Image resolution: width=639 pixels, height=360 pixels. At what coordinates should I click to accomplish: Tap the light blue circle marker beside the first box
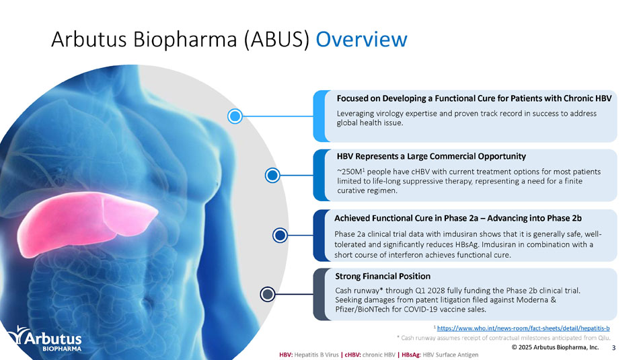point(235,116)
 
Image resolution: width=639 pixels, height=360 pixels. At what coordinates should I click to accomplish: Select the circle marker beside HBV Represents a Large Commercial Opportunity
point(272,176)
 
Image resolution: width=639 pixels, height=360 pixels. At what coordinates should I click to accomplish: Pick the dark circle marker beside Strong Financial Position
point(268,294)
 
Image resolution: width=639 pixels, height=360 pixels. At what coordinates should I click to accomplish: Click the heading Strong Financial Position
point(382,276)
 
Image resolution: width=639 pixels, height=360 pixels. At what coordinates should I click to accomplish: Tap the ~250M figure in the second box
point(348,172)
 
